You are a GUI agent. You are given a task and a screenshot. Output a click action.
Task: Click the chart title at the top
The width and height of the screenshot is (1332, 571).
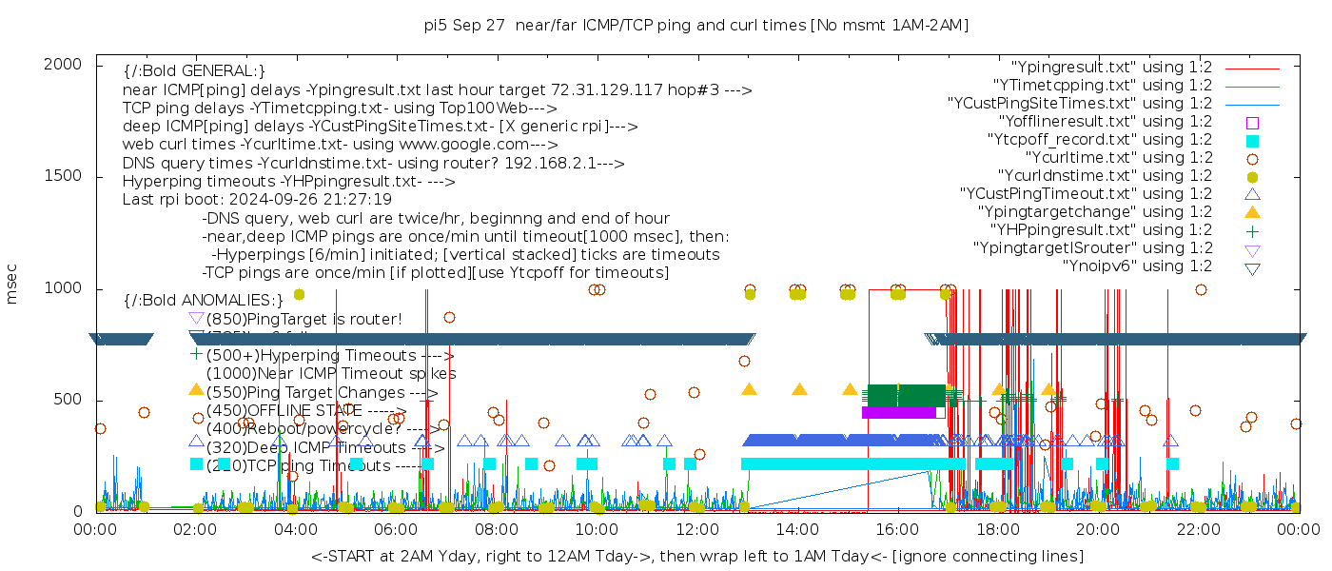(695, 26)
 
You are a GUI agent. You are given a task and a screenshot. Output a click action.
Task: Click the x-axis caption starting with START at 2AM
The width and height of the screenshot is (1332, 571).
(696, 556)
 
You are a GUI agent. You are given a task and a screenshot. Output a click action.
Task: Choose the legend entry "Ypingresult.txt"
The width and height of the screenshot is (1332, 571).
(1111, 68)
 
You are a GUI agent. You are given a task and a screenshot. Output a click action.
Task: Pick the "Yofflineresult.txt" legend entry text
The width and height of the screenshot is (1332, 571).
(1105, 122)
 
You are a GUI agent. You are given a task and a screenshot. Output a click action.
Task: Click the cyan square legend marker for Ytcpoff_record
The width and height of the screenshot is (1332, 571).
(1252, 140)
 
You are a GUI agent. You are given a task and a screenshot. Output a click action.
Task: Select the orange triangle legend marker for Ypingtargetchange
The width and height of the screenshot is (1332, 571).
(1252, 212)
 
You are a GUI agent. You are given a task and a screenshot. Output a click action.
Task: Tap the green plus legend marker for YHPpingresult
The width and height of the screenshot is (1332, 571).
(1252, 230)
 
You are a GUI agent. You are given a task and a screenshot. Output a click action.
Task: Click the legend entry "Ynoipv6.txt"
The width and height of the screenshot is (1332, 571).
(1137, 266)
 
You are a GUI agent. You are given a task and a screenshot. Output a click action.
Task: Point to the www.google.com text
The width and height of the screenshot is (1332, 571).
(469, 145)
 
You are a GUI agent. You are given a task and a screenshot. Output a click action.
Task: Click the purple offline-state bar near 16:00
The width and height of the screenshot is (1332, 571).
(900, 412)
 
